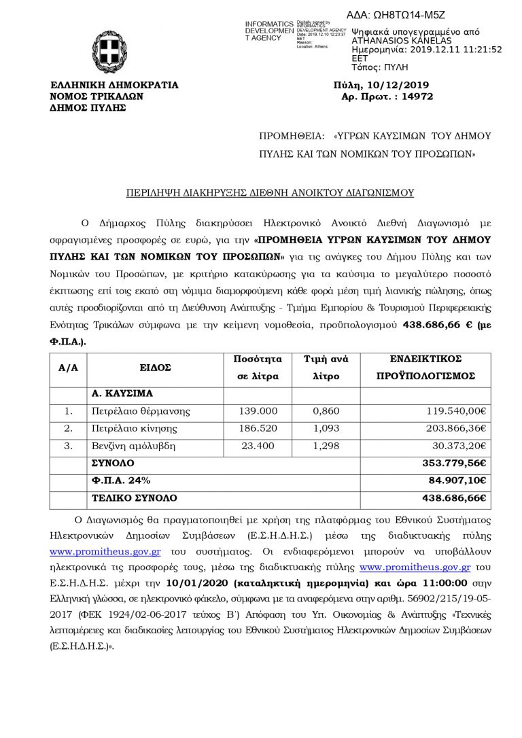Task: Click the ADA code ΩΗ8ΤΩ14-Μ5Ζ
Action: click(396, 14)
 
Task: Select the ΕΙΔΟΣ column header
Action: click(155, 367)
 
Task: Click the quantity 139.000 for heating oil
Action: click(258, 411)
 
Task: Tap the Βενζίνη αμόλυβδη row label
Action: click(132, 446)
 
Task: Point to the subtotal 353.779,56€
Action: click(455, 463)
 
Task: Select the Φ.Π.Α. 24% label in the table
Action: click(119, 481)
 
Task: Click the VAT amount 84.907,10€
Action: click(456, 481)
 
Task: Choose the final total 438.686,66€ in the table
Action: click(455, 499)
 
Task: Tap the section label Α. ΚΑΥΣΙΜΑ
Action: click(122, 393)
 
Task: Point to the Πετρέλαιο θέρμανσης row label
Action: click(141, 411)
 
